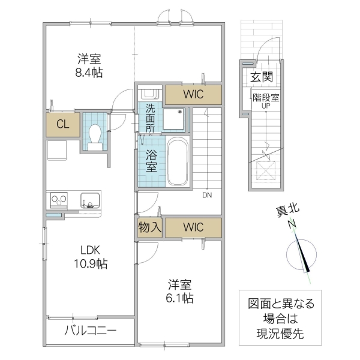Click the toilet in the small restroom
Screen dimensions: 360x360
pos(95,133)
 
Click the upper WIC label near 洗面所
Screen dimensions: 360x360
pos(193,94)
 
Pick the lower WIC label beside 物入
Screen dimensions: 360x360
pos(193,227)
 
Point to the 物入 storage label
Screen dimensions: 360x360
pos(149,227)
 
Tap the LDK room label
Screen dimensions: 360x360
pos(87,250)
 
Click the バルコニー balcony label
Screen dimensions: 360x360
pos(90,330)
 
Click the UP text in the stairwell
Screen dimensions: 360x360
pos(265,106)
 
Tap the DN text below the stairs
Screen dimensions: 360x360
pos(206,195)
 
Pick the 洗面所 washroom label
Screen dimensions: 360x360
pos(150,117)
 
